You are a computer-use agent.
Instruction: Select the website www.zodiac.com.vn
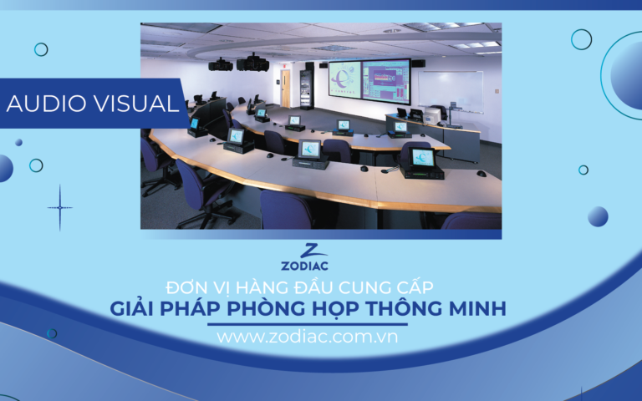(307, 338)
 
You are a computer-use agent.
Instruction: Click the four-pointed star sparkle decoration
(59, 207)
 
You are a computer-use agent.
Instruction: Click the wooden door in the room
(286, 87)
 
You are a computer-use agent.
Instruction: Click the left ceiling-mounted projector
(221, 63)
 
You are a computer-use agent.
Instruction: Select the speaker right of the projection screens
(418, 63)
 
